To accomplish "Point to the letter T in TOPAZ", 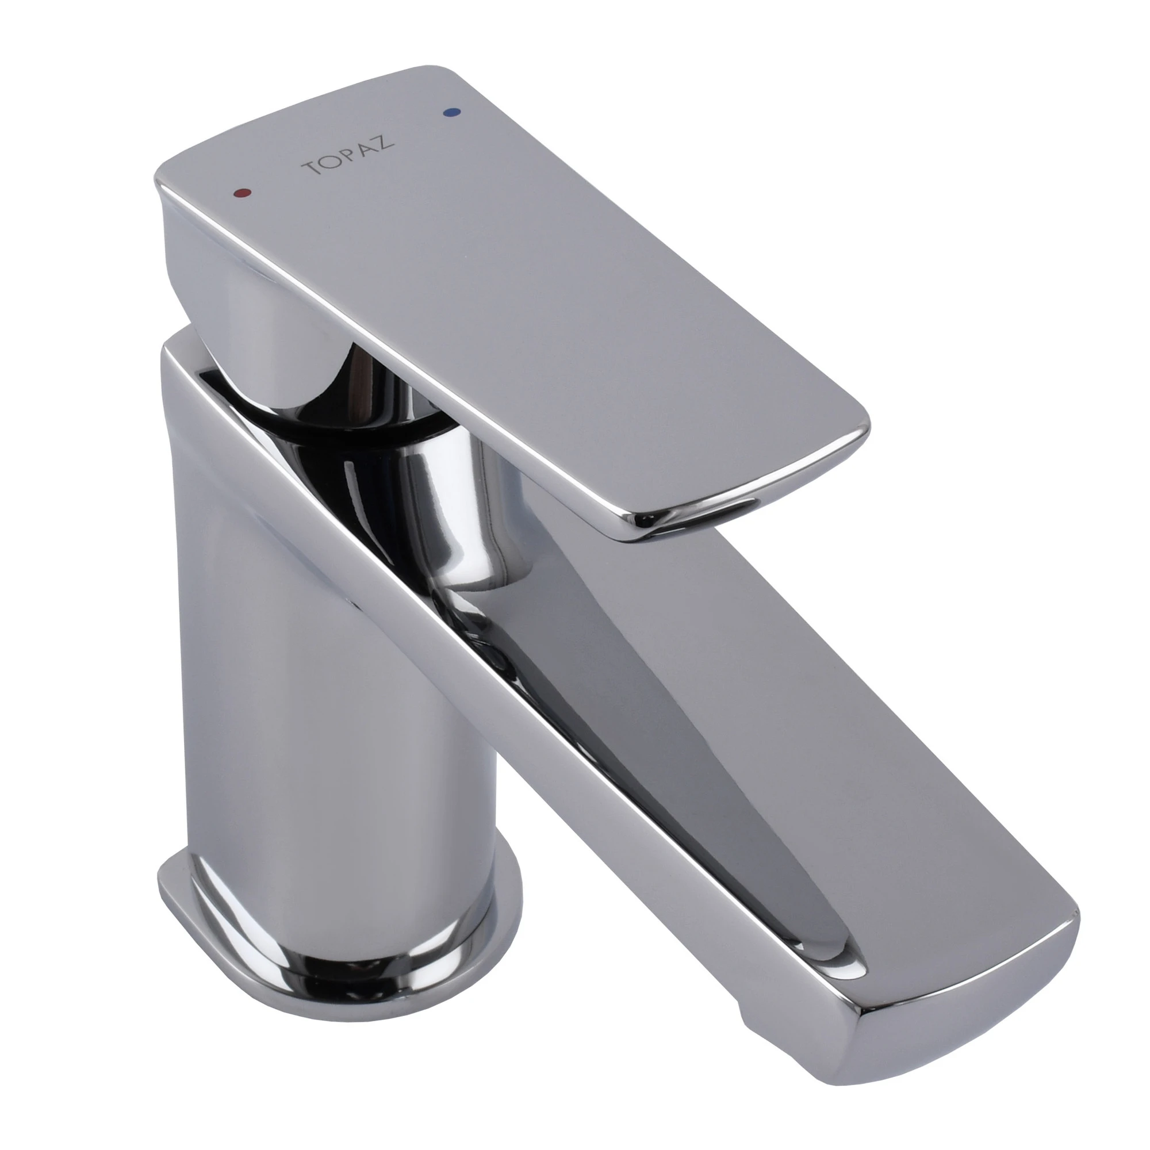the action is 311,168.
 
